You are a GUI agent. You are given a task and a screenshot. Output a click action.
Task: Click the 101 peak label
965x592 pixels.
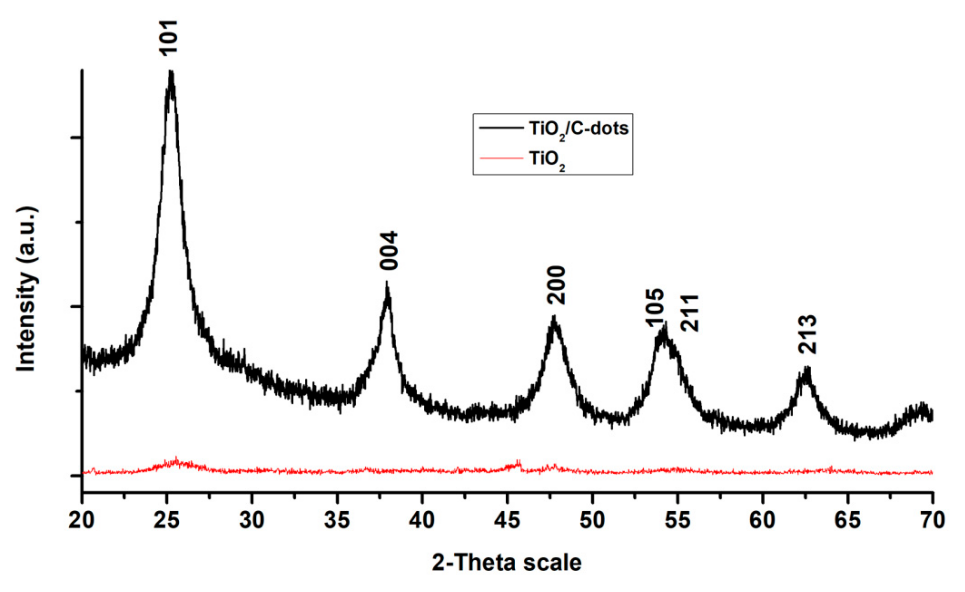point(169,37)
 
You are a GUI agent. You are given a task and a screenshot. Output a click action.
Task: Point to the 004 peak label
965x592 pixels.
point(389,251)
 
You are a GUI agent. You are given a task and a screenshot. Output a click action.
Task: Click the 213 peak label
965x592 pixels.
point(807,335)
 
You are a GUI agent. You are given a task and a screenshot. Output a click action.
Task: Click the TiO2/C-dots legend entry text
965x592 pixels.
point(578,129)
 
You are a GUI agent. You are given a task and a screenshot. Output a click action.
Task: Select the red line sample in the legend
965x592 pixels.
point(501,158)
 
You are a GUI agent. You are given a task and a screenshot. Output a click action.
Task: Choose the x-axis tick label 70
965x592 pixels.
point(933,520)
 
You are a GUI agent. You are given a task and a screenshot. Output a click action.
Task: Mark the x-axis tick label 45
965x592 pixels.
point(507,520)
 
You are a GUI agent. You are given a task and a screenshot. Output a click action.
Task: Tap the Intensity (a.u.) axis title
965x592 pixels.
point(27,288)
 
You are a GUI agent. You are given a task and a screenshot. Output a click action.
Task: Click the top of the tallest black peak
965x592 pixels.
point(171,73)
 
